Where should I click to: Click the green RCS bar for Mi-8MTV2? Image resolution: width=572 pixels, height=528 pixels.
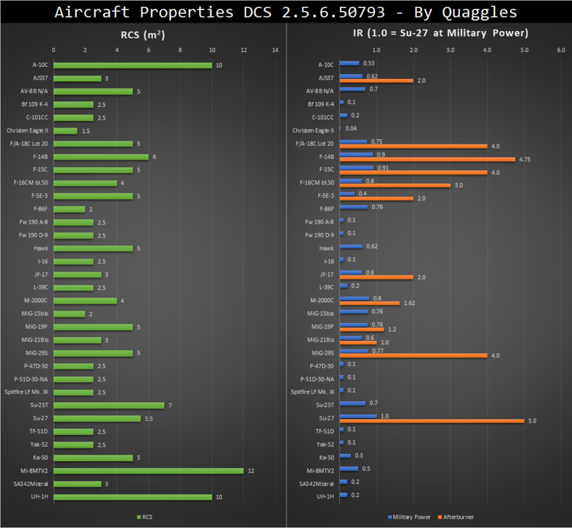[x=148, y=470]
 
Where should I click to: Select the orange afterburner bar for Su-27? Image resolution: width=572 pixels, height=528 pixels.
[x=431, y=421]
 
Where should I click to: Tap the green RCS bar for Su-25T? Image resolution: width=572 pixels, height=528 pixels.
[x=108, y=405]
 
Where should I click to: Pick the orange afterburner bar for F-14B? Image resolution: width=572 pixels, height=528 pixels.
[x=427, y=159]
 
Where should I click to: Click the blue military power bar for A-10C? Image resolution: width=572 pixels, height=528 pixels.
[x=349, y=63]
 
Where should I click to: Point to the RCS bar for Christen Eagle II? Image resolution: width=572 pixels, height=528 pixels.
[x=65, y=131]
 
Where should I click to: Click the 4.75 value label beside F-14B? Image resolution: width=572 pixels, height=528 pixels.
[x=525, y=159]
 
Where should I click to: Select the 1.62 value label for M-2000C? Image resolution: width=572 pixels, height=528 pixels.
[x=410, y=303]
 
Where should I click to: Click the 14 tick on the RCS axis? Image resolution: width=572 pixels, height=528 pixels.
[x=275, y=50]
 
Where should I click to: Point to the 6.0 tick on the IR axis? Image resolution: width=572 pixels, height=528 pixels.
[x=561, y=50]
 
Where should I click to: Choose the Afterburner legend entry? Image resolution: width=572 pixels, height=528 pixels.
[x=457, y=517]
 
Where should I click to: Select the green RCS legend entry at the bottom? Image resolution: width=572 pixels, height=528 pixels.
[x=144, y=517]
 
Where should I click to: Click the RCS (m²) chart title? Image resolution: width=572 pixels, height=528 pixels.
[x=144, y=32]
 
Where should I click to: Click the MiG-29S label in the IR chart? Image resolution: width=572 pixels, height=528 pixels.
[x=322, y=353]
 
